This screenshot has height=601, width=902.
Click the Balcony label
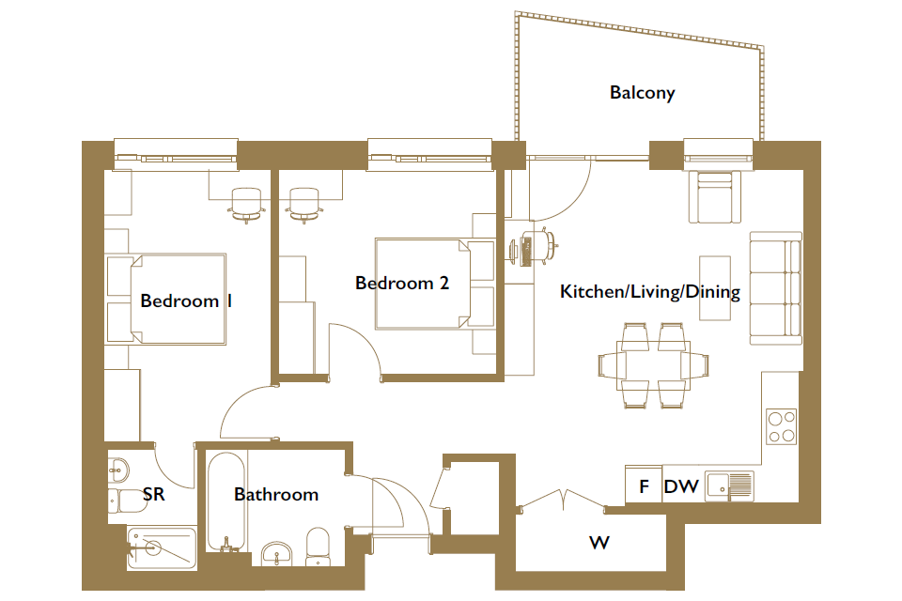pyautogui.click(x=642, y=93)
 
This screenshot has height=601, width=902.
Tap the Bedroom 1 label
pyautogui.click(x=186, y=300)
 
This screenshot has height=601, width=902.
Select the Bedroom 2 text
pyautogui.click(x=401, y=283)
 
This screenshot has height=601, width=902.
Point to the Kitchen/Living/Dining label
pyautogui.click(x=650, y=292)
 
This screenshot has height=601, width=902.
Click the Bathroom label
pyautogui.click(x=276, y=495)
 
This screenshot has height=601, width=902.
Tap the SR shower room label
pyautogui.click(x=153, y=495)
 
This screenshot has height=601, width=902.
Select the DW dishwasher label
pyautogui.click(x=681, y=487)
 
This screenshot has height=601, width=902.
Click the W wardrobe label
pyautogui.click(x=599, y=543)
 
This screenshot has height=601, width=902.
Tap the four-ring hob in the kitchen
pyautogui.click(x=781, y=426)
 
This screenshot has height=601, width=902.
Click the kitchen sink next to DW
pyautogui.click(x=729, y=486)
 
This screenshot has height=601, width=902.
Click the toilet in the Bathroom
pyautogui.click(x=319, y=547)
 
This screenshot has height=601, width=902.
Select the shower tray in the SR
pyautogui.click(x=162, y=548)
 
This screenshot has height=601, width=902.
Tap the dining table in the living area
pyautogui.click(x=653, y=366)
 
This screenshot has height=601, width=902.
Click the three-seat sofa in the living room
pyautogui.click(x=775, y=288)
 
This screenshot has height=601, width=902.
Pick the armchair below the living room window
pyautogui.click(x=714, y=196)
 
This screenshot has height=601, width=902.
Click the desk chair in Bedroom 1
pyautogui.click(x=246, y=206)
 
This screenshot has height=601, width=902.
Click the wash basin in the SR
pyautogui.click(x=118, y=470)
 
